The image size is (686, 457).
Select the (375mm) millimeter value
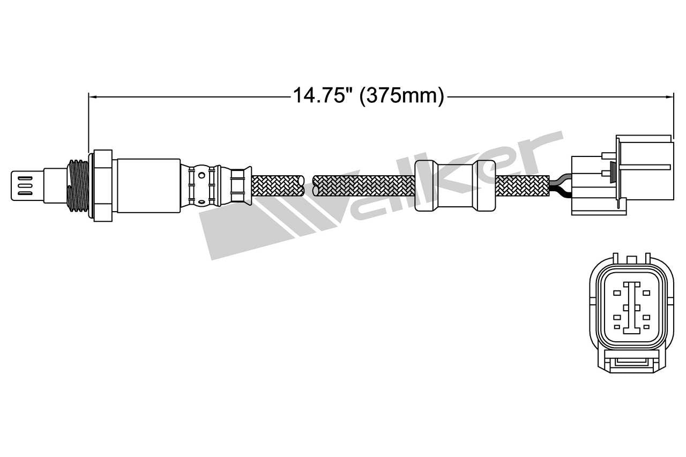(x=401, y=97)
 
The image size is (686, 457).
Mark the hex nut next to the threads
(x=102, y=185)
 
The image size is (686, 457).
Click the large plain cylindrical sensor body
(x=148, y=185)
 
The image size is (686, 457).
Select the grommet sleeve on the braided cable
(x=455, y=185)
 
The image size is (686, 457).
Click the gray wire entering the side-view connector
(x=560, y=180)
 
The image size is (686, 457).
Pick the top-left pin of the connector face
(x=617, y=293)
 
